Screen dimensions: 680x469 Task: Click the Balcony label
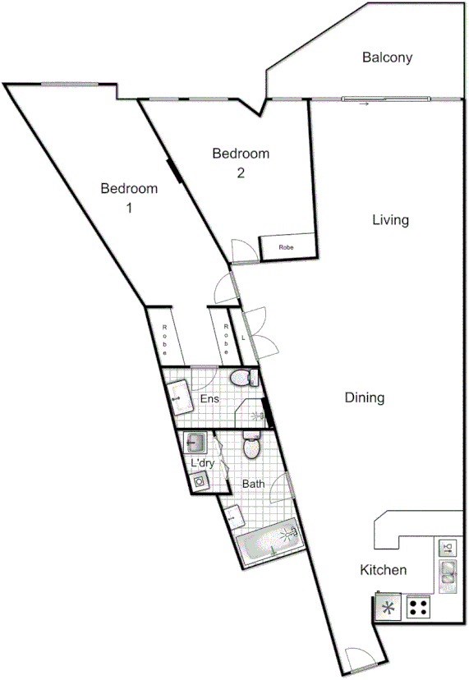tap(387, 58)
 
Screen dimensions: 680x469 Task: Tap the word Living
tap(390, 220)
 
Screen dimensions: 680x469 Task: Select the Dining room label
tap(365, 398)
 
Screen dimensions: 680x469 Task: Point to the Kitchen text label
tap(384, 570)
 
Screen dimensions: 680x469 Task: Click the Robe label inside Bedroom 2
tap(286, 247)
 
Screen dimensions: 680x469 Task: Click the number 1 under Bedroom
tap(129, 207)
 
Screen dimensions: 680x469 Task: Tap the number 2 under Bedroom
tap(241, 172)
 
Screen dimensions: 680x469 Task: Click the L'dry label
tap(203, 463)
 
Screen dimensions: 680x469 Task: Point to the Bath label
tap(253, 485)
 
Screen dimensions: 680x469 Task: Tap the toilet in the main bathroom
tap(251, 447)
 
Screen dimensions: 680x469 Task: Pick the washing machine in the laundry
tap(199, 482)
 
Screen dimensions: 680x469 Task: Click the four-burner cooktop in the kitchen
tap(418, 608)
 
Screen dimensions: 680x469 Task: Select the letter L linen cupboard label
tap(243, 338)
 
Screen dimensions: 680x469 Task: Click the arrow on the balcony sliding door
tap(363, 104)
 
